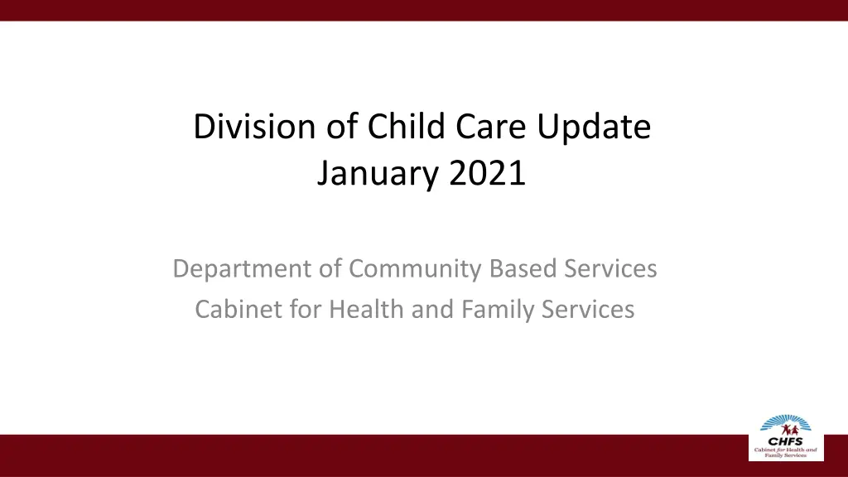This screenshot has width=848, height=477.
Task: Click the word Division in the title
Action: coord(254,127)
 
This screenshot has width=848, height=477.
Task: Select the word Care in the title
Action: coord(490,127)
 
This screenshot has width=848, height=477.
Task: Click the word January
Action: coord(378,174)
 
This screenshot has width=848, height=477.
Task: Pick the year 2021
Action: coord(487,173)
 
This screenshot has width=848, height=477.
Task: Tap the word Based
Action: coord(523,269)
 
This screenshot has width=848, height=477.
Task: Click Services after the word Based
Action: coord(610,269)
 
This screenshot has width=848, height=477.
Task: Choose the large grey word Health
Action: coord(366,310)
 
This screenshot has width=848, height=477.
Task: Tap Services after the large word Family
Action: coord(588,310)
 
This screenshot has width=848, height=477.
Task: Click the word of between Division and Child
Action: coord(342,127)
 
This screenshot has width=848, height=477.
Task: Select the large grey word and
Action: coord(432,310)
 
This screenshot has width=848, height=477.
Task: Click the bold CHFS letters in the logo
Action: coord(786,441)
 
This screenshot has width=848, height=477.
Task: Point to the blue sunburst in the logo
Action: coord(786,422)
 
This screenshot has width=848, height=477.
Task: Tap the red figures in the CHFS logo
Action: coord(790,431)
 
